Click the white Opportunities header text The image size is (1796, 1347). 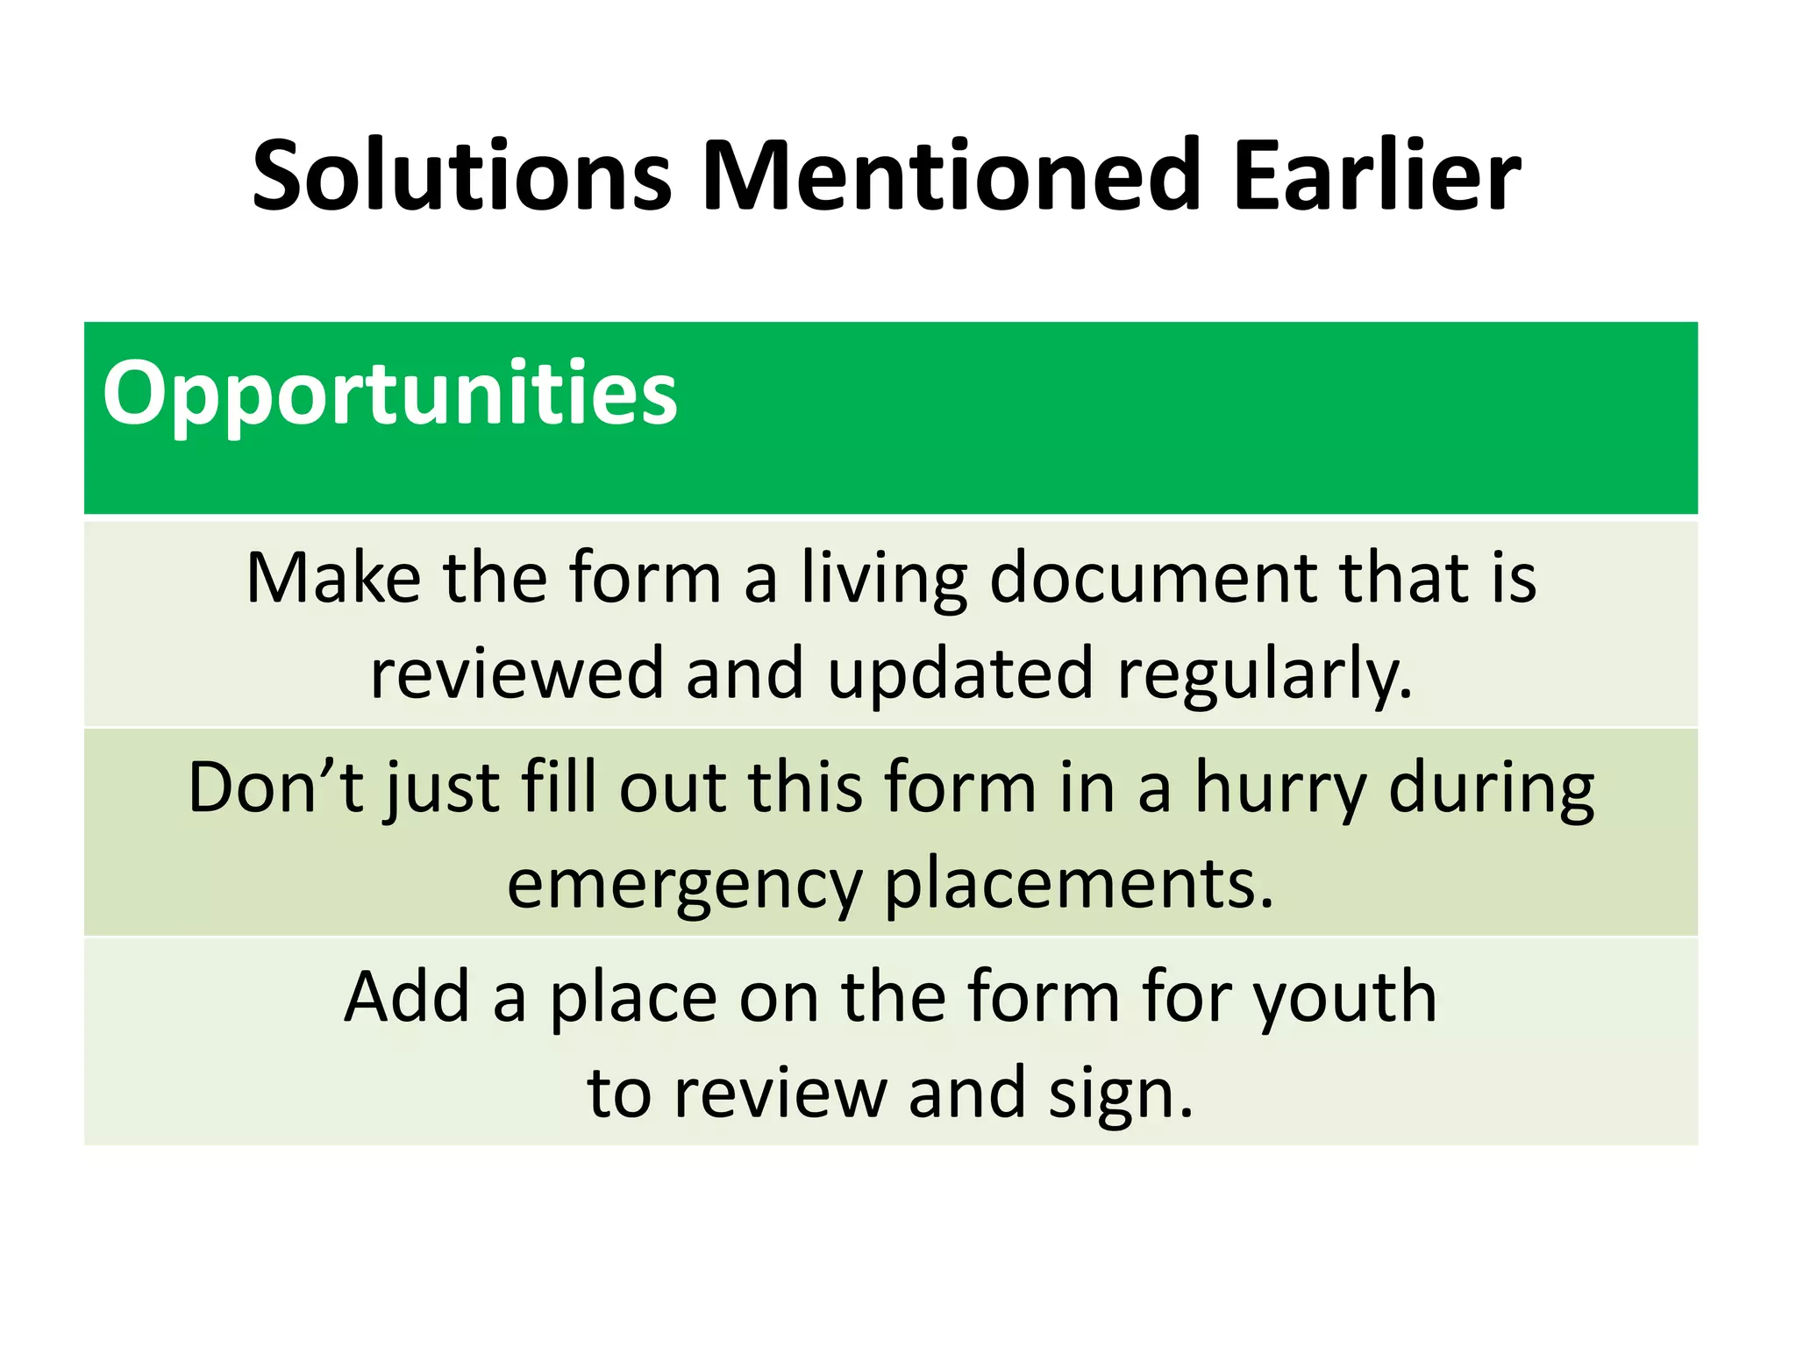390,395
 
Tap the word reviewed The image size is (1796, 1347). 517,673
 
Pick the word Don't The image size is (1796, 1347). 275,787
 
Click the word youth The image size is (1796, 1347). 1345,998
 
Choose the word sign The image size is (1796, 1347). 1120,1094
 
